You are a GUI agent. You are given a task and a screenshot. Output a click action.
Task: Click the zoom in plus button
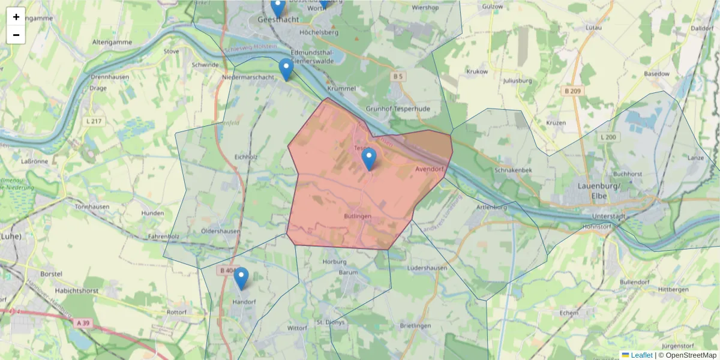[x=16, y=17]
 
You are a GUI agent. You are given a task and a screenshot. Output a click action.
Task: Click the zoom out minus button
[x=16, y=35]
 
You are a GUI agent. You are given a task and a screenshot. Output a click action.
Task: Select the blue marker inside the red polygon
[x=369, y=159]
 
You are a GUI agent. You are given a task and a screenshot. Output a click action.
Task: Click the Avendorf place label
[x=429, y=170]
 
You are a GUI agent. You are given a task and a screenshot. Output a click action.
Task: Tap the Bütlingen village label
[x=358, y=216]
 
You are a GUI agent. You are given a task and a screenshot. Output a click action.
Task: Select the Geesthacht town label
[x=278, y=19]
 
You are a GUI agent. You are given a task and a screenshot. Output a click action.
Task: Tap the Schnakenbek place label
[x=514, y=170]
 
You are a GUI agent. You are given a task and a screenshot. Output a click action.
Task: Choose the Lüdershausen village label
[x=427, y=268]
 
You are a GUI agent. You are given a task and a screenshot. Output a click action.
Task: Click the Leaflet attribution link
[x=641, y=355]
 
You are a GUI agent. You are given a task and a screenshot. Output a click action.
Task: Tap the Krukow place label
[x=477, y=71]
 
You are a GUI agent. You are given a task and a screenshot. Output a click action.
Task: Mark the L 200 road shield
[x=608, y=137]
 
